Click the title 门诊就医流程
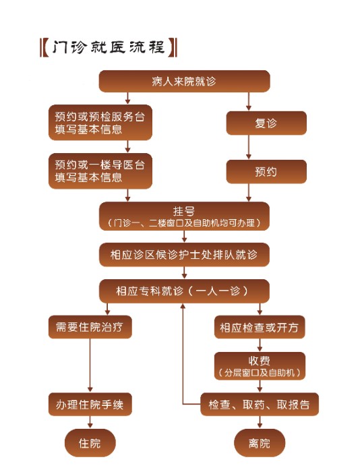point(108,48)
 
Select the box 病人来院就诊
point(184,82)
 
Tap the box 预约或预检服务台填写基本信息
point(100,122)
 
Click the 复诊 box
point(266,123)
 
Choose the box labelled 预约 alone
point(266,171)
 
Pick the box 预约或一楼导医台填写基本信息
point(100,171)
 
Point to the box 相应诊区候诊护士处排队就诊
point(184,255)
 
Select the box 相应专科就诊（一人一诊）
point(184,291)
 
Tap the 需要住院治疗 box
point(90,328)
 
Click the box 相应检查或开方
point(260,328)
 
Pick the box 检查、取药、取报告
point(260,405)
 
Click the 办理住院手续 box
point(90,405)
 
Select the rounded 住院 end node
point(90,443)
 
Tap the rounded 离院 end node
point(260,443)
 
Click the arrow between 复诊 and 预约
point(249,147)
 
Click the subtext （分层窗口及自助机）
point(260,372)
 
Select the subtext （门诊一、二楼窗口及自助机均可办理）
point(184,223)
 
